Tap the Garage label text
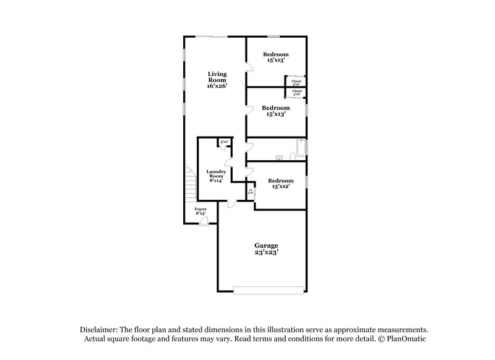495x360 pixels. click(x=265, y=245)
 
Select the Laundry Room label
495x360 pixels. click(x=216, y=174)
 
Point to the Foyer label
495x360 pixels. click(x=200, y=209)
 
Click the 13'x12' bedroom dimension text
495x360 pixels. click(x=280, y=186)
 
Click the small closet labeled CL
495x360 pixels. click(x=251, y=191)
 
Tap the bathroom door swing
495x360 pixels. click(x=249, y=147)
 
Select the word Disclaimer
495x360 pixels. click(x=99, y=330)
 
